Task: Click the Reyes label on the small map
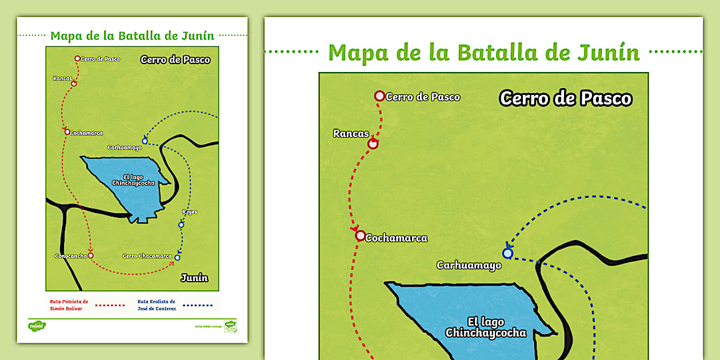[190, 212]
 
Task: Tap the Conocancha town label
[71, 256]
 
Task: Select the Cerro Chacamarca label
[147, 256]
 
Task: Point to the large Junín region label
[194, 278]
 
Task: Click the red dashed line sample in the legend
[110, 305]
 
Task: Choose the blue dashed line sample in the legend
[198, 305]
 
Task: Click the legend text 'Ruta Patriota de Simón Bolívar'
[67, 305]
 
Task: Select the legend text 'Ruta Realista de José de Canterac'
[156, 305]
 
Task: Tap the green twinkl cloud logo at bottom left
[37, 326]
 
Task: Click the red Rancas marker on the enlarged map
[373, 144]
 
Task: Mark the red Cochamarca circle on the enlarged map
[360, 235]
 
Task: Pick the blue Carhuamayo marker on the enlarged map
[507, 253]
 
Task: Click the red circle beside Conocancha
[90, 255]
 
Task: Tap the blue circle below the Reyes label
[181, 225]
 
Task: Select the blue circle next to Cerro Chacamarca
[177, 258]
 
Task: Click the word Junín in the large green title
[611, 53]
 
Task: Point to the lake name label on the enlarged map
[486, 327]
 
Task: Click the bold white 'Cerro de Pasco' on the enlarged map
[565, 98]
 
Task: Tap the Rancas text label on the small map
[62, 78]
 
